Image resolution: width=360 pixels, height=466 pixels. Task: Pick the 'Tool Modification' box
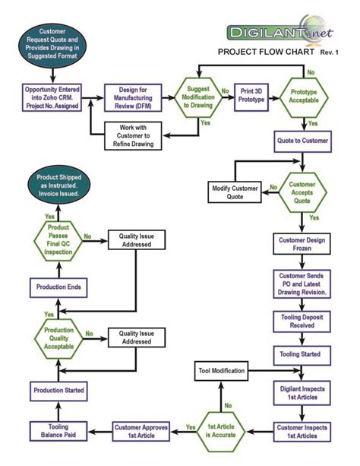tap(222, 372)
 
